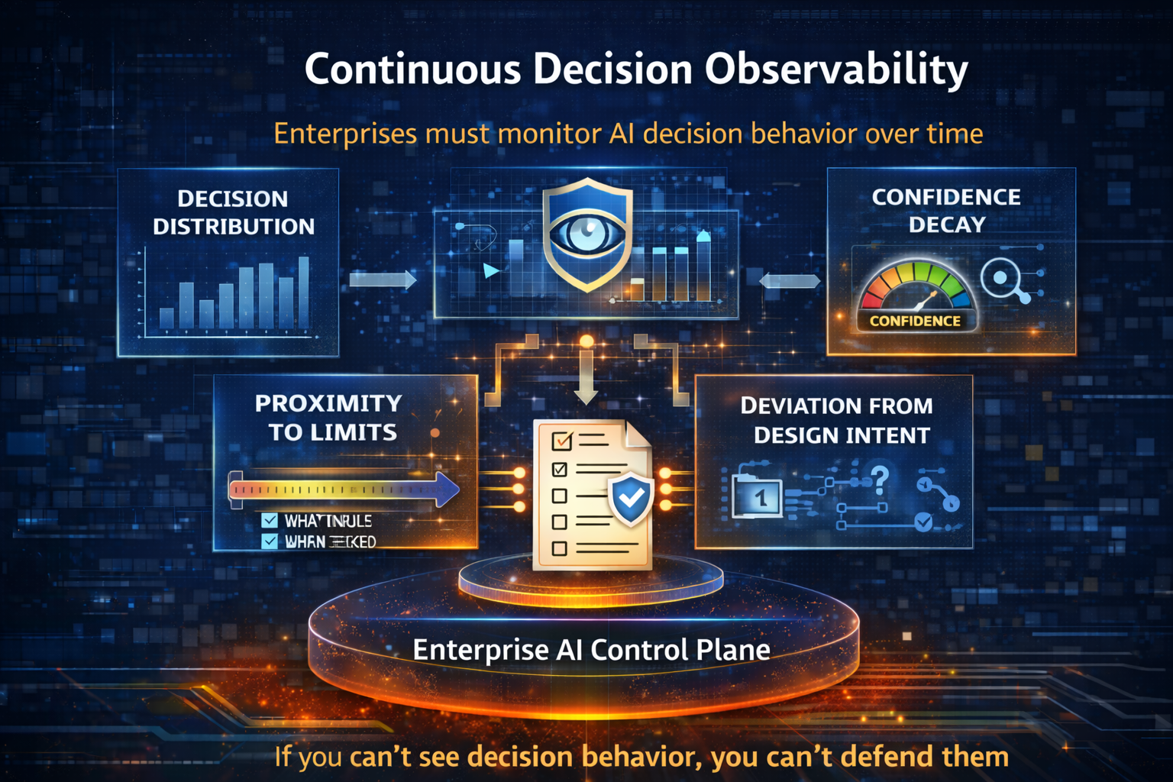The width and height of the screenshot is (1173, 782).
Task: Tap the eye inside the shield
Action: [586, 232]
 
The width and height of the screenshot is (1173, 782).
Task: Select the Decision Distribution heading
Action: [233, 212]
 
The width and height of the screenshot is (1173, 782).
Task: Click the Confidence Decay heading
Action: [946, 211]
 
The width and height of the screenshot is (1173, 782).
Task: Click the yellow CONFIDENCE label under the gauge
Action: [915, 322]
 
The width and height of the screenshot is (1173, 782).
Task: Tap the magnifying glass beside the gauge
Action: [1000, 277]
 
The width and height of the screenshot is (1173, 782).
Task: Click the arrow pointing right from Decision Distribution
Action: [383, 280]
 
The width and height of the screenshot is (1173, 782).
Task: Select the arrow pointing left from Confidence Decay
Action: [789, 280]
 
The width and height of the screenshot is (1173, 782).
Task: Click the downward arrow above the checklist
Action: [586, 378]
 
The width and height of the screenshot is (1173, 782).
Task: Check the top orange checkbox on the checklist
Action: [561, 441]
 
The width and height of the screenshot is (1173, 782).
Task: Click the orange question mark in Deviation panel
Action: [880, 479]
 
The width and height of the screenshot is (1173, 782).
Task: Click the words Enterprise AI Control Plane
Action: [591, 650]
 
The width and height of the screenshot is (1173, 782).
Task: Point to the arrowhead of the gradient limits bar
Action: [446, 490]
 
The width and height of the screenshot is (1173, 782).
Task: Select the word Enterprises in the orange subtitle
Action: [345, 134]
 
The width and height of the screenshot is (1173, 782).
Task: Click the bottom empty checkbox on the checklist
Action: [559, 548]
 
